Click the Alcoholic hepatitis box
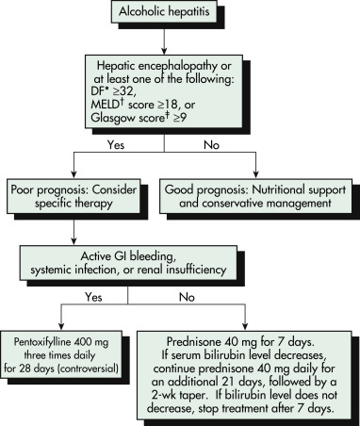pyautogui.click(x=164, y=11)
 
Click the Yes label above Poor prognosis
pyautogui.click(x=116, y=145)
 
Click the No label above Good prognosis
pyautogui.click(x=211, y=145)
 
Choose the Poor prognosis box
pyautogui.click(x=74, y=196)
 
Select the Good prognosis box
pyautogui.click(x=255, y=196)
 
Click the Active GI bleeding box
pyautogui.click(x=128, y=263)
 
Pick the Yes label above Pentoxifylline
pyautogui.click(x=93, y=297)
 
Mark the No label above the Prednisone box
pyautogui.click(x=187, y=297)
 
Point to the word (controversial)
pyautogui.click(x=89, y=368)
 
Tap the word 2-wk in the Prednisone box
pyautogui.click(x=164, y=395)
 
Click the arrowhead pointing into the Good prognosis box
pyautogui.click(x=255, y=175)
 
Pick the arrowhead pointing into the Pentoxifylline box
pyautogui.click(x=61, y=326)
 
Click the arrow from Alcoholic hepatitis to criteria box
pyautogui.click(x=164, y=39)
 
